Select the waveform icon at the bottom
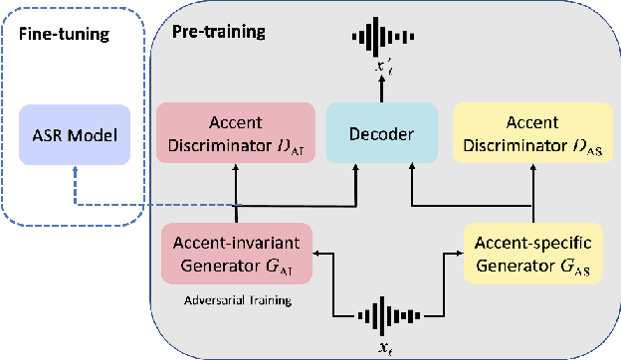coord(384,317)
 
